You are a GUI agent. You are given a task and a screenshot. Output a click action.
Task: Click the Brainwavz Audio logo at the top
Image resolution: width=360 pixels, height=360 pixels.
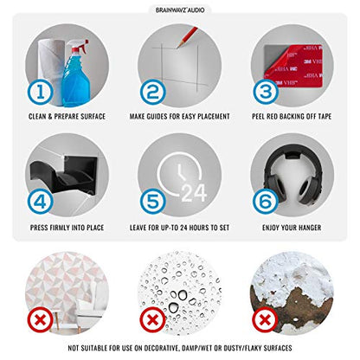[x=180, y=10]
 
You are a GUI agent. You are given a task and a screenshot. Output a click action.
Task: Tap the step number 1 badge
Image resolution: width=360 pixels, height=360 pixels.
[x=41, y=93]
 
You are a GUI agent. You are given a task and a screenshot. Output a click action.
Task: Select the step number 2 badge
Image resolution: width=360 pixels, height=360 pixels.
[x=153, y=93]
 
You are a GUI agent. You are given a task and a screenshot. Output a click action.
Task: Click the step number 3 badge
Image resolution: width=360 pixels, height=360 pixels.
[x=266, y=92]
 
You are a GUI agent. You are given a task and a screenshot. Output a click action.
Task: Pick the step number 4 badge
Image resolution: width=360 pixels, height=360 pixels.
[x=41, y=202]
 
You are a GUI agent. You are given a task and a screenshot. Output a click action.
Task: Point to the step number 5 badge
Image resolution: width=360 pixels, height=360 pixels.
[x=153, y=202]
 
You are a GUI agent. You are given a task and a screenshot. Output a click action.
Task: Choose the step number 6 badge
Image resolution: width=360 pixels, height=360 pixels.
[x=266, y=202]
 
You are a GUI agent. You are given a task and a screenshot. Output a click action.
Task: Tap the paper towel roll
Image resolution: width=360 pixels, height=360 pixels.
[x=51, y=67]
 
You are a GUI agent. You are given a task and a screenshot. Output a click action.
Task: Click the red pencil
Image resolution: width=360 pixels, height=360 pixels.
[x=188, y=37]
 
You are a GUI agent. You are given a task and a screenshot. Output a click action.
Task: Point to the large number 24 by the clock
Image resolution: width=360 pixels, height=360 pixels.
[x=194, y=193]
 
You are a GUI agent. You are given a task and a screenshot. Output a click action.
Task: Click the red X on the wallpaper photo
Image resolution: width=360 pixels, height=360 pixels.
[x=41, y=320]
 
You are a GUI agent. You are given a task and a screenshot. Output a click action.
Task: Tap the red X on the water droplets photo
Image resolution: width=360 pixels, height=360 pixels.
[x=153, y=320]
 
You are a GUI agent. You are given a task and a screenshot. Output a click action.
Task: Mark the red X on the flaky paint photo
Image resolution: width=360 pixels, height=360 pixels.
[x=265, y=320]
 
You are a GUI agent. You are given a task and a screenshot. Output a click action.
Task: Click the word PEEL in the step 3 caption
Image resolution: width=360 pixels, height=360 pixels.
[x=258, y=116]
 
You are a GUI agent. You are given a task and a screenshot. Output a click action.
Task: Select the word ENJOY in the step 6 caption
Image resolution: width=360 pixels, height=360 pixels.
[x=271, y=228]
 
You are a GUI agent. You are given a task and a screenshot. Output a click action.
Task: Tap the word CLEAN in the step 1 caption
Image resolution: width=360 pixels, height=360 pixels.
[x=37, y=116]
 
